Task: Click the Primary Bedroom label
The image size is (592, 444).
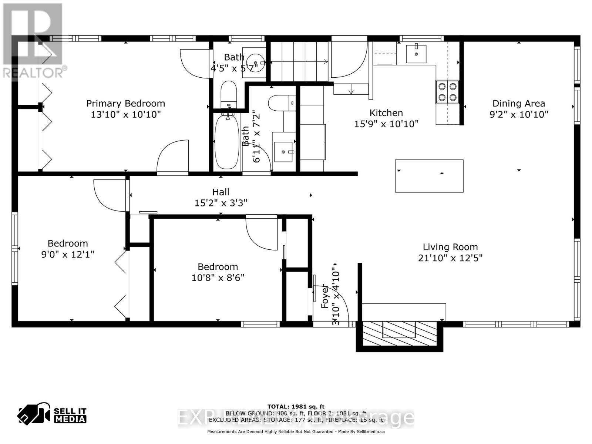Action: coord(125,104)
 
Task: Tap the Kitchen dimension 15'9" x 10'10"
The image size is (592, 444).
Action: coord(386,124)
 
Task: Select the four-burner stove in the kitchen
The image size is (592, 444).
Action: coord(447,92)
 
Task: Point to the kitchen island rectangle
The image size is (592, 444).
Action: coord(429,176)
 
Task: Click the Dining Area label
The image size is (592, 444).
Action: coord(518,104)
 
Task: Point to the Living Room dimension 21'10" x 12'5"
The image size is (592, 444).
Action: coord(450,258)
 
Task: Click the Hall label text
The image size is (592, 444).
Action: coord(221,192)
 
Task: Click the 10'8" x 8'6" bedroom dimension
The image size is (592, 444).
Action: coord(218,277)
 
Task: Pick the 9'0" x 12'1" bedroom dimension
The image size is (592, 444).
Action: coord(68,254)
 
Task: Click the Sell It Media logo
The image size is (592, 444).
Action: coord(52,415)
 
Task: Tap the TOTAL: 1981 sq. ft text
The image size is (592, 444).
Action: coord(296,407)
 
